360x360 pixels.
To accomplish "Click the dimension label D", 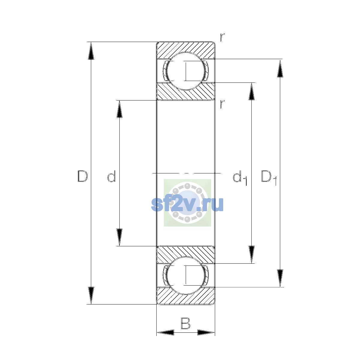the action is (82, 176).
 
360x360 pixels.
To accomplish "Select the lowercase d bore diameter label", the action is (112, 176).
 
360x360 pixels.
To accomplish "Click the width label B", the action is (185, 323).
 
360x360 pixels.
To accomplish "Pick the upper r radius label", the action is (222, 37).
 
